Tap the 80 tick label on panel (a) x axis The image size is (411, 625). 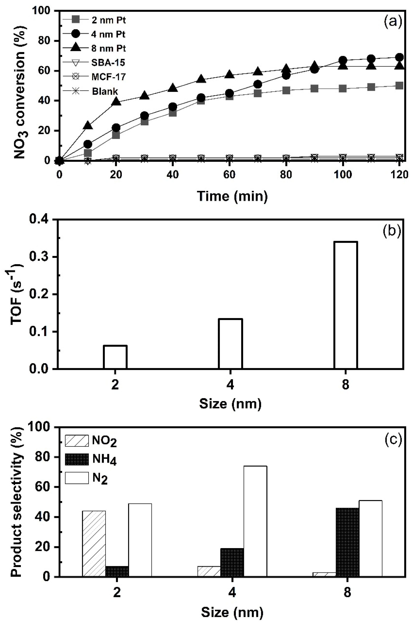(x=286, y=174)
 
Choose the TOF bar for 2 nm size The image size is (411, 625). (x=115, y=357)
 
